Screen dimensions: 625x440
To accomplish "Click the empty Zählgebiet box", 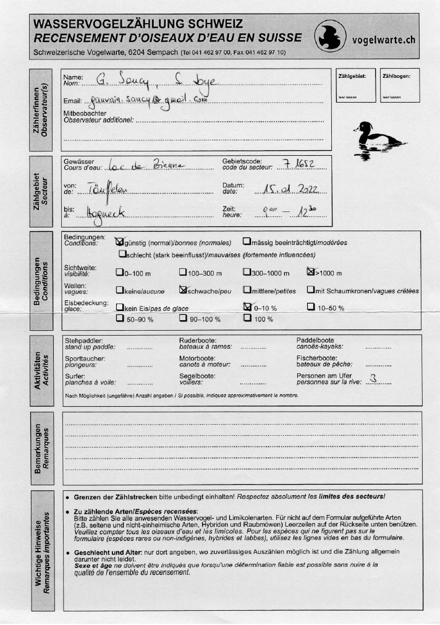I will (355, 85).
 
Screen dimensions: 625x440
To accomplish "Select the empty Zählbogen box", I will (399, 85).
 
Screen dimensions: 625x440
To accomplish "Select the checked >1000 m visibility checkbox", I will (311, 271).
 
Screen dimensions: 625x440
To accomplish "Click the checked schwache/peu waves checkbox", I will (183, 289).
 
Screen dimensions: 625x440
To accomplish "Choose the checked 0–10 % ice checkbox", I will (248, 307).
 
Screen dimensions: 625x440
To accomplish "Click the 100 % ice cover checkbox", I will (247, 318).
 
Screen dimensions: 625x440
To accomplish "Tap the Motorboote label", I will (197, 358).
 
